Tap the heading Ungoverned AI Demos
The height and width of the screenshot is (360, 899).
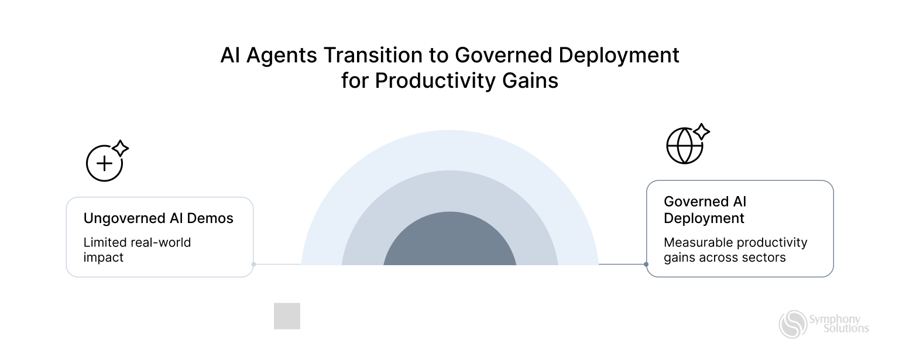pos(158,218)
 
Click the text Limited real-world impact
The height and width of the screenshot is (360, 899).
pos(137,249)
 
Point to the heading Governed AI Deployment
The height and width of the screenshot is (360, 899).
pos(705,210)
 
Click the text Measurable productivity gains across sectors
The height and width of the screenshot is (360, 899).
pos(735,249)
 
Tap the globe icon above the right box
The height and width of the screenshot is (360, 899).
pos(684,146)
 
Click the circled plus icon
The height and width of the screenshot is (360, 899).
pos(104,163)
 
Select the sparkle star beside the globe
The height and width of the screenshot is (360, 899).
pos(702,132)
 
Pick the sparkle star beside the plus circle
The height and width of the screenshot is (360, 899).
pos(121,148)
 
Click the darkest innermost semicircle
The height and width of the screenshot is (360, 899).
pos(449,241)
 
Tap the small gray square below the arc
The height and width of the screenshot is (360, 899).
pos(287,316)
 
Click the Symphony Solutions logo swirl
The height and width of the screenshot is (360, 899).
pos(792,324)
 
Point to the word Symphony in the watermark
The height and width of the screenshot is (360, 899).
pos(835,320)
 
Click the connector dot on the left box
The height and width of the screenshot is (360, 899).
pos(253,264)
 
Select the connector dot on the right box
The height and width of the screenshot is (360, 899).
pos(646,264)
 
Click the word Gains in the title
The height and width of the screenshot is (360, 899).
pos(530,81)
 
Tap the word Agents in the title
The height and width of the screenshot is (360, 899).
pos(282,56)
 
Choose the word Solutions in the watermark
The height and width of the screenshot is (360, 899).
pos(846,328)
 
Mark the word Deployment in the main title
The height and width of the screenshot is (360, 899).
pos(619,56)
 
